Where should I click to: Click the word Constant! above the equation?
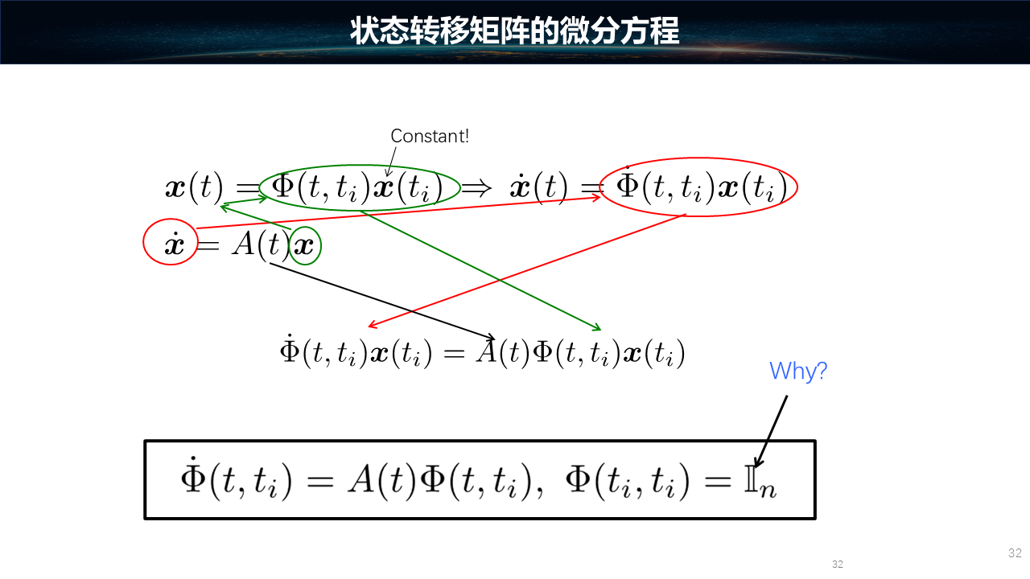click(430, 136)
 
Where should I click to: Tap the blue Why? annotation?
click(798, 371)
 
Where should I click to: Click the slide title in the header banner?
click(514, 31)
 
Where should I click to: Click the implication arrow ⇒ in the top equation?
click(476, 187)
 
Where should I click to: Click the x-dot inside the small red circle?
click(175, 244)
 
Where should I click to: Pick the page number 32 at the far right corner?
click(1015, 552)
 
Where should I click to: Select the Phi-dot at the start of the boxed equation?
click(193, 477)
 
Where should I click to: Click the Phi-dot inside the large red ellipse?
click(627, 183)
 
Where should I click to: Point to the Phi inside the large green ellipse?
click(282, 186)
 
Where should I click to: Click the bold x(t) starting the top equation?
click(195, 187)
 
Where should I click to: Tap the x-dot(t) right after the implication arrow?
click(538, 187)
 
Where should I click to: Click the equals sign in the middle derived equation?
click(454, 353)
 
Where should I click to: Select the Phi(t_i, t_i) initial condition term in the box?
click(628, 481)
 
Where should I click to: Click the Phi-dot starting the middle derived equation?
click(290, 349)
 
